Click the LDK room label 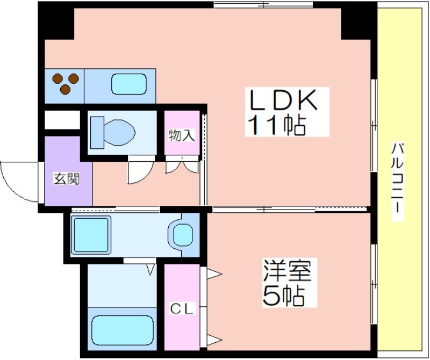point(283,100)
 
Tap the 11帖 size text point(276,126)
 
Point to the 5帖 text point(283,296)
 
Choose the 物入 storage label point(182,135)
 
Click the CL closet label point(182,309)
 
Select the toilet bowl point(119,132)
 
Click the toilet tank point(97,132)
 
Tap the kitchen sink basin point(128,84)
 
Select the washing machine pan point(91,235)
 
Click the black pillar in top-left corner point(56,20)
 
